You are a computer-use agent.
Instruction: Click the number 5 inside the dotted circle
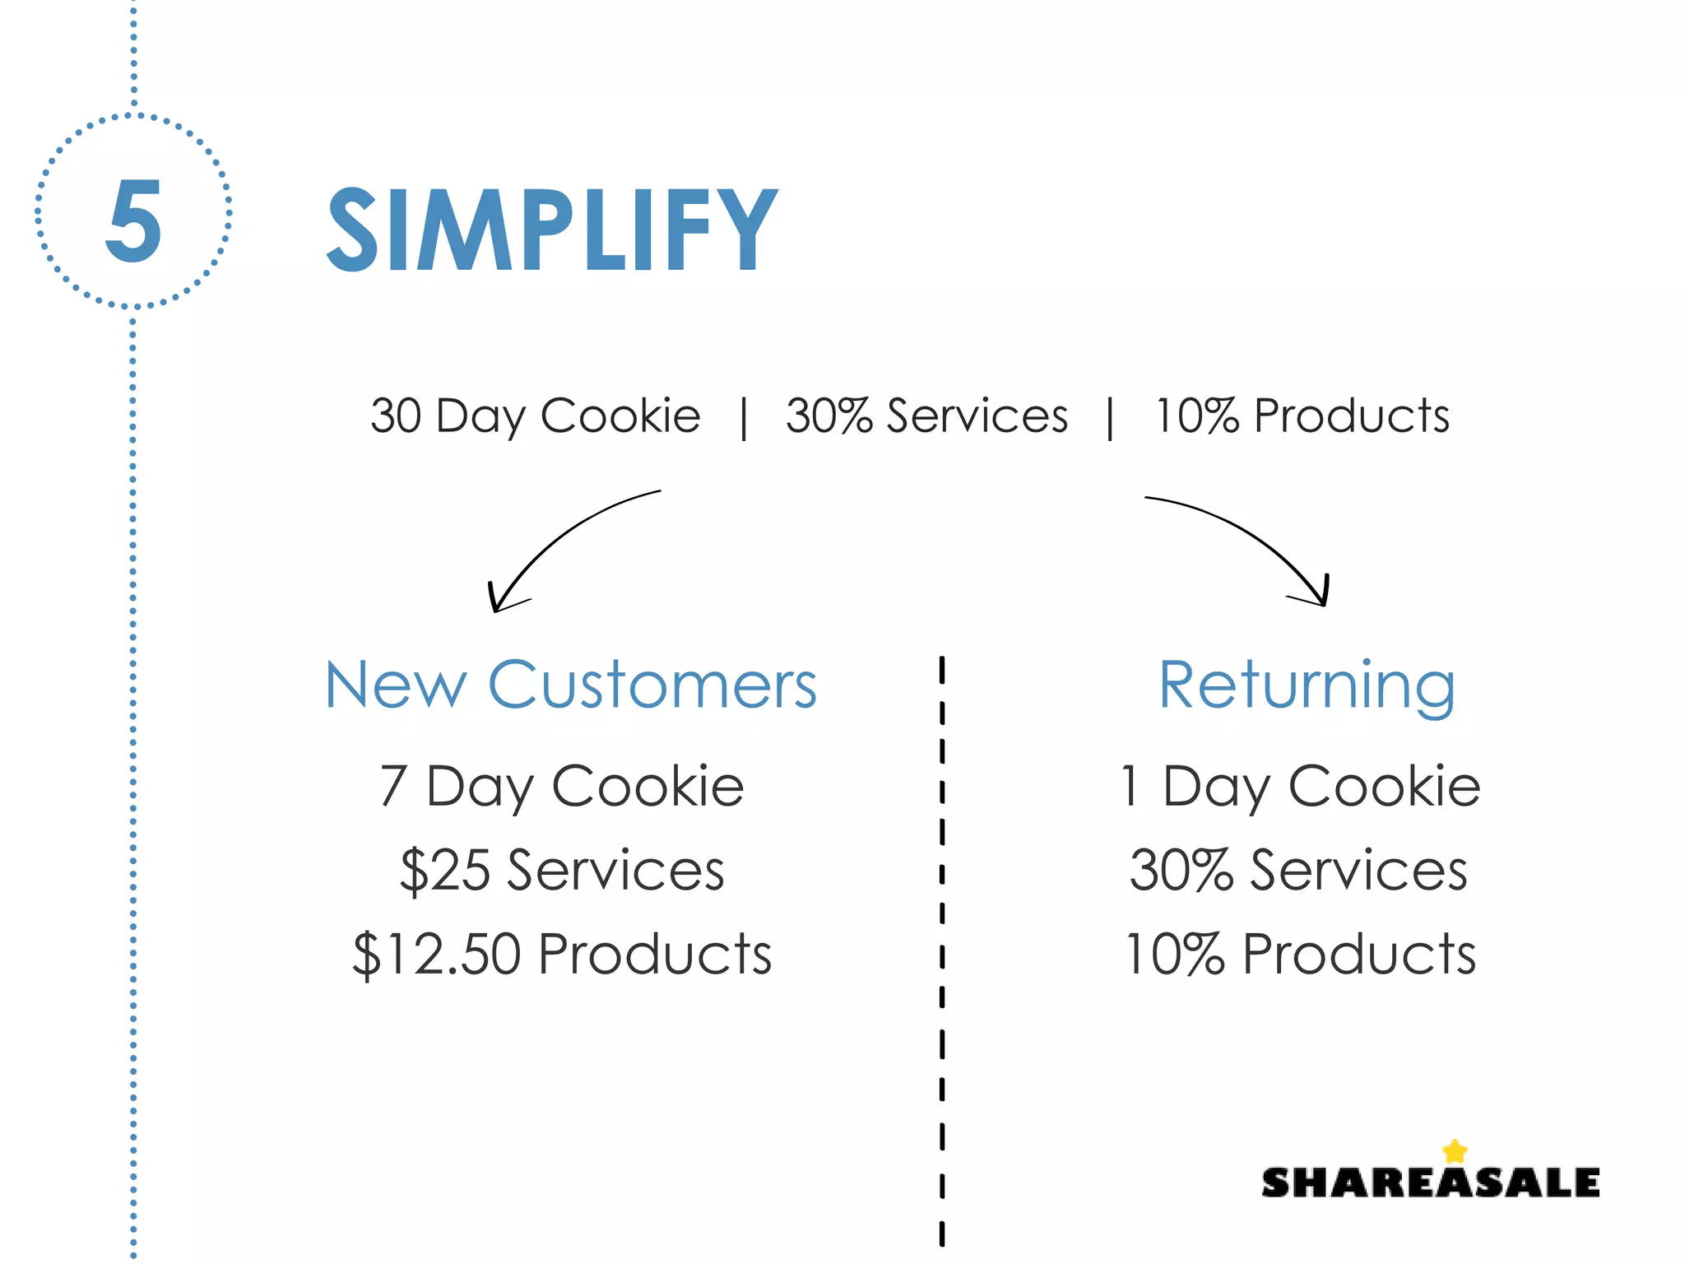[133, 221]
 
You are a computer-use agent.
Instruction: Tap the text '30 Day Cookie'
[535, 416]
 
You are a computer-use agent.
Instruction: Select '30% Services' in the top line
[926, 416]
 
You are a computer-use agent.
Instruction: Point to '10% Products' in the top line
[1302, 416]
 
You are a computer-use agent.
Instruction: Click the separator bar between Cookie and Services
[744, 418]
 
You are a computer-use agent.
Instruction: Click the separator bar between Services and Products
[1110, 418]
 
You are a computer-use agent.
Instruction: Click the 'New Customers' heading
[571, 685]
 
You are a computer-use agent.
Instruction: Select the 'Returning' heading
[1307, 685]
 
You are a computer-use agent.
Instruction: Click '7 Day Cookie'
[562, 787]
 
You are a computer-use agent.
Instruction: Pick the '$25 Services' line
[562, 871]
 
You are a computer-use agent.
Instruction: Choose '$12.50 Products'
[562, 955]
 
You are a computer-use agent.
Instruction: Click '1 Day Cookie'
[1300, 787]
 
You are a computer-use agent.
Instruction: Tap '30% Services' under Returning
[1298, 871]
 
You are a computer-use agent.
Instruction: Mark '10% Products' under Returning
[1300, 955]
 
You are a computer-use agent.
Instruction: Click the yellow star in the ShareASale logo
[1455, 1150]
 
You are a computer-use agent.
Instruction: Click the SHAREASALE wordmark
[1430, 1183]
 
